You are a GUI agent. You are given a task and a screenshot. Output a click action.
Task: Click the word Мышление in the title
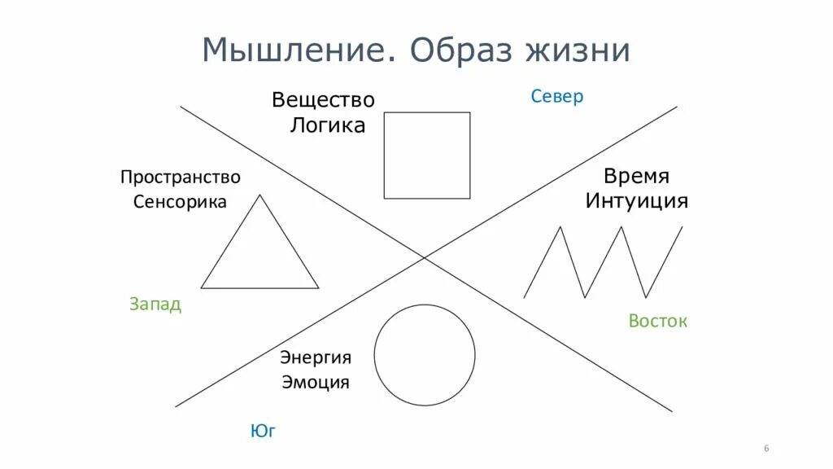pyautogui.click(x=298, y=50)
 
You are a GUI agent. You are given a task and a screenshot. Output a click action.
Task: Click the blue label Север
pyautogui.click(x=557, y=97)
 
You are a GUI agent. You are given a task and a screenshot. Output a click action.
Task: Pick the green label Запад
pyautogui.click(x=155, y=305)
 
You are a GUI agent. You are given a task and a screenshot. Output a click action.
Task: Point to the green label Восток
pyautogui.click(x=658, y=321)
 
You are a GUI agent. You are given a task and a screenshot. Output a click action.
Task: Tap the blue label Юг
pyautogui.click(x=263, y=432)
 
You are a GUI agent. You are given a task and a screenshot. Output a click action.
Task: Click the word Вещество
pyautogui.click(x=323, y=100)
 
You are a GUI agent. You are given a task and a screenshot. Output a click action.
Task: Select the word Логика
pyautogui.click(x=328, y=125)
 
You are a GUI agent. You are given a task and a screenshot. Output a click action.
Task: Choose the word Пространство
pyautogui.click(x=181, y=177)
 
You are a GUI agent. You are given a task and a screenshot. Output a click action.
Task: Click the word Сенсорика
pyautogui.click(x=180, y=202)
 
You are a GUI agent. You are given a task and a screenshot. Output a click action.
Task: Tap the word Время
pyautogui.click(x=636, y=177)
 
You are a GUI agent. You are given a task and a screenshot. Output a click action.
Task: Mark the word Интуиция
pyautogui.click(x=637, y=201)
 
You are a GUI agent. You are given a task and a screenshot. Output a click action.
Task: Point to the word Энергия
pyautogui.click(x=316, y=357)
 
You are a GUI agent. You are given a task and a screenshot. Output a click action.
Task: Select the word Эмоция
pyautogui.click(x=316, y=382)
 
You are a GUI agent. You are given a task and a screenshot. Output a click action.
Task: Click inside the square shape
pyautogui.click(x=427, y=156)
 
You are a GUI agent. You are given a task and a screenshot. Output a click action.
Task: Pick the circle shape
pyautogui.click(x=425, y=355)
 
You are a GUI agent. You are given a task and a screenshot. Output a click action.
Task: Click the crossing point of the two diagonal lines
pyautogui.click(x=425, y=257)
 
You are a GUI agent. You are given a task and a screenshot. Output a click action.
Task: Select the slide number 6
pyautogui.click(x=766, y=449)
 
